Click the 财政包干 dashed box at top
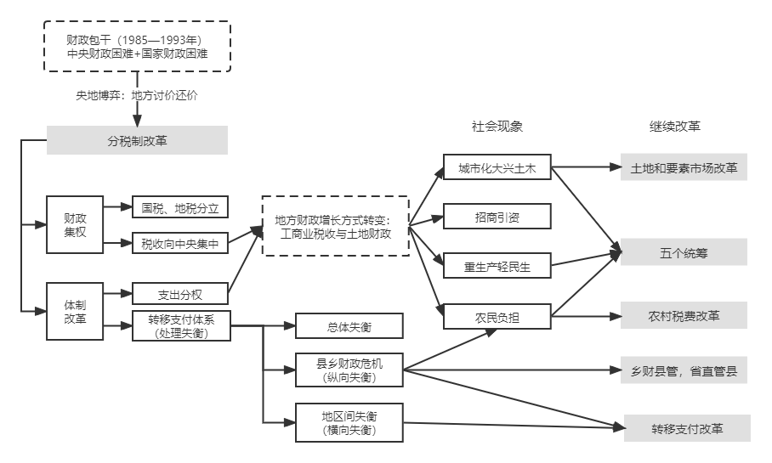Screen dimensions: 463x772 (137, 48)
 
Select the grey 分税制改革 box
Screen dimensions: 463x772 (137, 140)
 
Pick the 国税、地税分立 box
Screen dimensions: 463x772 (180, 207)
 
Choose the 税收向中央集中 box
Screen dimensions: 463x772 (180, 244)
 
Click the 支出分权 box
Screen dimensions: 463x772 (180, 295)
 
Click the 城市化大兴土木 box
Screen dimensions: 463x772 (497, 168)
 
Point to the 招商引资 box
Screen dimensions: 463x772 (497, 217)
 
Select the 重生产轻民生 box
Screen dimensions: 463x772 (497, 266)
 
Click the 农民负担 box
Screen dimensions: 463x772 (497, 316)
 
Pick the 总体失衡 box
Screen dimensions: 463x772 (349, 326)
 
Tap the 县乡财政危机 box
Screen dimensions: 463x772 (349, 370)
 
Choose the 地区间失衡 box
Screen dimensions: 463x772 (349, 422)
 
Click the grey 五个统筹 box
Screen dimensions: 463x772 (684, 252)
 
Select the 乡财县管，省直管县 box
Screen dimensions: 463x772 (684, 370)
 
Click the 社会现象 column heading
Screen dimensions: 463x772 (497, 127)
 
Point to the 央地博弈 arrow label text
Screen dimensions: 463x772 (137, 96)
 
